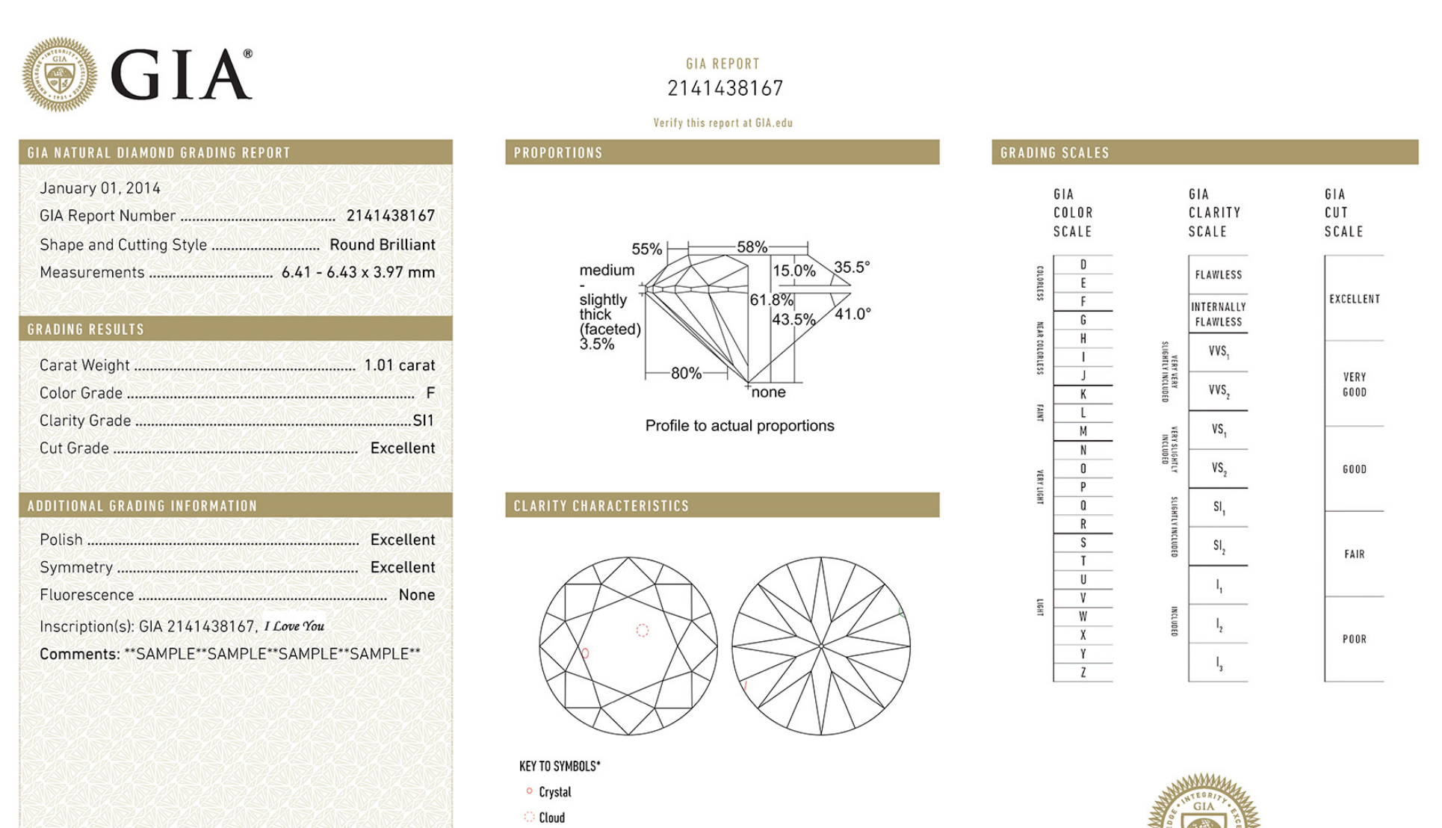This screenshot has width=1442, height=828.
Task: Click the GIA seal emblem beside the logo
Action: (59, 75)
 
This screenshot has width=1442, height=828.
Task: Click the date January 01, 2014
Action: (100, 188)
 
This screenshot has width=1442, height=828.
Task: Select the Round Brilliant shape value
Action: (382, 245)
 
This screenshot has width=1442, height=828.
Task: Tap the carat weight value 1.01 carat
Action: (399, 365)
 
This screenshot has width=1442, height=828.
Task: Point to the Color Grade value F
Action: (430, 393)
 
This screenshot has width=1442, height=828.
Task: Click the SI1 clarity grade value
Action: (423, 421)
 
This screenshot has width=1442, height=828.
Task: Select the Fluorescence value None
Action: (416, 596)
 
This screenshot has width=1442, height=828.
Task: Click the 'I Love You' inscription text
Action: (294, 626)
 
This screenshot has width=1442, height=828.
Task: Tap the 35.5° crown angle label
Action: (852, 268)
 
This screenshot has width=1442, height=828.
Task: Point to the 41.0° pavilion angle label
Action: (852, 315)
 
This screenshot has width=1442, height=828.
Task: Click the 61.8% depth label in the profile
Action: (771, 300)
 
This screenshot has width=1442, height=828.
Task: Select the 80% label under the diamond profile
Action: (686, 374)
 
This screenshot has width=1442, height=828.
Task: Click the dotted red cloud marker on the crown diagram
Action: (642, 631)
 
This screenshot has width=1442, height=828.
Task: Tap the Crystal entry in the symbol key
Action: (554, 792)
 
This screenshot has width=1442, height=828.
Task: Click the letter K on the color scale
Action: (1083, 395)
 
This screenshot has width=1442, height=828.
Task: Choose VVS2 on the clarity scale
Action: (1219, 391)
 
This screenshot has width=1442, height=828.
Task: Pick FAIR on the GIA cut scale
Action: (1354, 554)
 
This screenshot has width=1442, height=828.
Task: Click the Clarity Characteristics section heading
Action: (601, 506)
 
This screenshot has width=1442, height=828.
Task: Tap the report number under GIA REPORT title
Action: (725, 89)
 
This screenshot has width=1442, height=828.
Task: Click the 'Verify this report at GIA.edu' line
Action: (722, 123)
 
